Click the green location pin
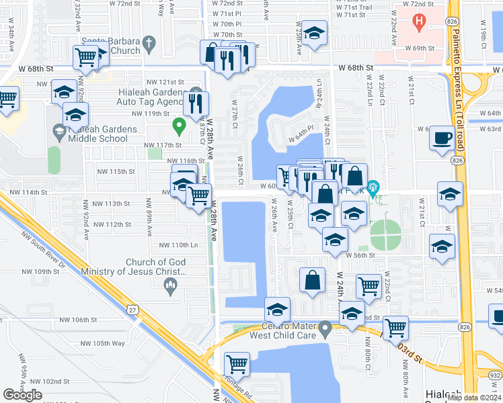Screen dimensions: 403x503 pos(178,125)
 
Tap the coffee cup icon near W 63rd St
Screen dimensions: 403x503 pos(442,139)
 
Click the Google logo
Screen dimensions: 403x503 pos(22,395)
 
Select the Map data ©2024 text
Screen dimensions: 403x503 pos(473,397)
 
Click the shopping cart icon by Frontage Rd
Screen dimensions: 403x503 pos(237,364)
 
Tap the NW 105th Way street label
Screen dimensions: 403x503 pos(102,343)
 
